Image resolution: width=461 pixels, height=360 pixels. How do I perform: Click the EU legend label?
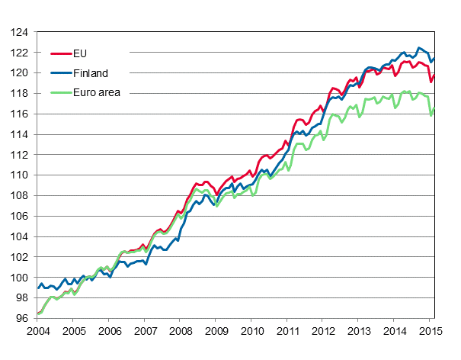click(81, 53)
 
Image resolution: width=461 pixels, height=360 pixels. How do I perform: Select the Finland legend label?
click(91, 73)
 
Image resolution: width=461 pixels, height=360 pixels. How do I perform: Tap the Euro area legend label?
click(98, 93)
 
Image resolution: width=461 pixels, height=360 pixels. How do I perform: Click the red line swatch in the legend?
click(60, 53)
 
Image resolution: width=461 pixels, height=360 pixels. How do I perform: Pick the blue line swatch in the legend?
click(60, 73)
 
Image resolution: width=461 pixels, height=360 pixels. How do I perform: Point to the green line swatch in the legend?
click(60, 93)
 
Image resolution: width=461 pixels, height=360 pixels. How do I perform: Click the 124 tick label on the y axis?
click(20, 33)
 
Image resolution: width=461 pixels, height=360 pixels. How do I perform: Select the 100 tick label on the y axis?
click(20, 277)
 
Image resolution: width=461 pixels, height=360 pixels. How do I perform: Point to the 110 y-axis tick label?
click(20, 175)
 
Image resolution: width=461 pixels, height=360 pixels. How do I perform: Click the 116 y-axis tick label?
click(20, 114)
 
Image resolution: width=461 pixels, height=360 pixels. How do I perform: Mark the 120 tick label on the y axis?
click(20, 73)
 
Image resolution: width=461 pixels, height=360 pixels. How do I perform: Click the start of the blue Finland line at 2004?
click(37, 288)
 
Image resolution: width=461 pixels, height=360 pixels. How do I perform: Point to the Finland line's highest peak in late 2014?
click(418, 47)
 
